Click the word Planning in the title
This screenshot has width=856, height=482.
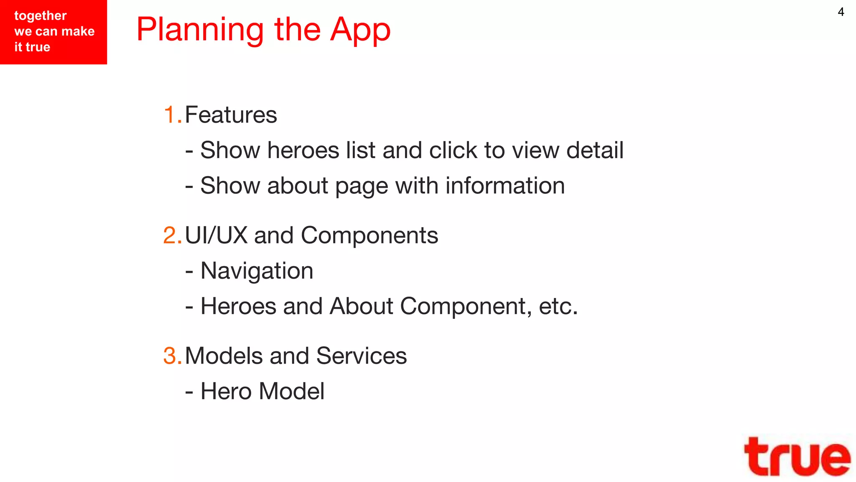tap(200, 30)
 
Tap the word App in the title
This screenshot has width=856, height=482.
tap(360, 30)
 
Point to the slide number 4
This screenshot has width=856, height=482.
tap(841, 12)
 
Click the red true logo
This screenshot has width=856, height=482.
tap(797, 456)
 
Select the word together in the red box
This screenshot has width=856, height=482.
tap(41, 16)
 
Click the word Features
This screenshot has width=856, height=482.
tap(231, 115)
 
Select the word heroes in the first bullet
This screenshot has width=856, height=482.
tap(303, 150)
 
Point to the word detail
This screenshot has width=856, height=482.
tap(595, 150)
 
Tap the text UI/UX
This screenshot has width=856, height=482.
tap(216, 235)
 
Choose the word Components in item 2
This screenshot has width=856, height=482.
tap(369, 235)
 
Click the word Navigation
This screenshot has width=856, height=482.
tap(257, 271)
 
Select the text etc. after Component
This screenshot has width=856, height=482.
tap(558, 306)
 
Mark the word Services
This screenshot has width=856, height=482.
tap(361, 356)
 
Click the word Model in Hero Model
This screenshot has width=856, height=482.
tap(291, 391)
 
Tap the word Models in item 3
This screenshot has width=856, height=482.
tap(224, 356)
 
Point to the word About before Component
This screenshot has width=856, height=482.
tap(361, 306)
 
